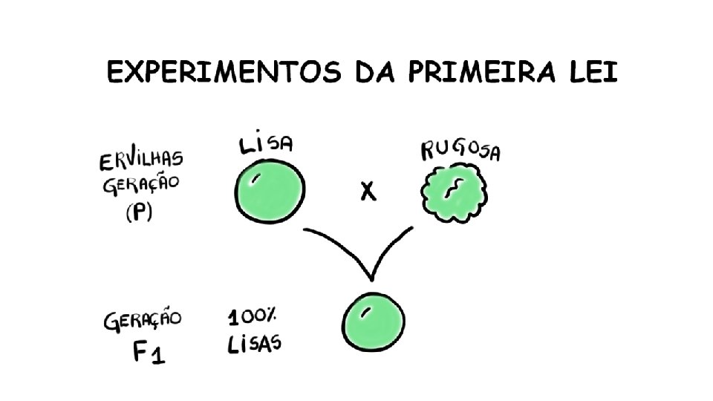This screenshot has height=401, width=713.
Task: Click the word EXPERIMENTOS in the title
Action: click(215, 74)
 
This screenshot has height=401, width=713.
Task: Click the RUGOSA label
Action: click(460, 150)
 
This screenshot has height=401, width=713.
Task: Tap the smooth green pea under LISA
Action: click(270, 192)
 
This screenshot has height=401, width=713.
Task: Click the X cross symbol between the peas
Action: click(367, 193)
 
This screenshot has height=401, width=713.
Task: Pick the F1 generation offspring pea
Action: click(374, 324)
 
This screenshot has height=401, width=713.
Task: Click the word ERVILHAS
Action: click(140, 162)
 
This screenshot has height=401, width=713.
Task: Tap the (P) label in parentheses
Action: click(138, 213)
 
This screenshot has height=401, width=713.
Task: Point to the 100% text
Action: click(252, 317)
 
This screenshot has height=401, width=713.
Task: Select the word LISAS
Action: click(254, 345)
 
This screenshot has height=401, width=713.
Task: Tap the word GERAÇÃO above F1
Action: click(143, 322)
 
